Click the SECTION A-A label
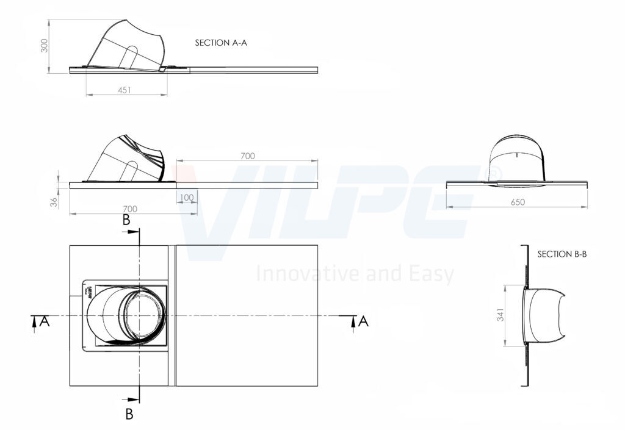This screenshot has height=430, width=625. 221,43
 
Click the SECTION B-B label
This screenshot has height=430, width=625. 562,254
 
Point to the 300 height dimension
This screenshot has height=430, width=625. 45,45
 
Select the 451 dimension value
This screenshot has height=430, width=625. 125,90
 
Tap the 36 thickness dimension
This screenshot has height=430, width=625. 54,201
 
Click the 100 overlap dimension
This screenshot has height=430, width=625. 187,198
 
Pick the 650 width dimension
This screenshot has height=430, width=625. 518,202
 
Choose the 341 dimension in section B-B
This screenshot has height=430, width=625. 500,315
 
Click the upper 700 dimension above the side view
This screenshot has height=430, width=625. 248,156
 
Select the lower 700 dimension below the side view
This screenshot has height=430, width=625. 130,209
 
